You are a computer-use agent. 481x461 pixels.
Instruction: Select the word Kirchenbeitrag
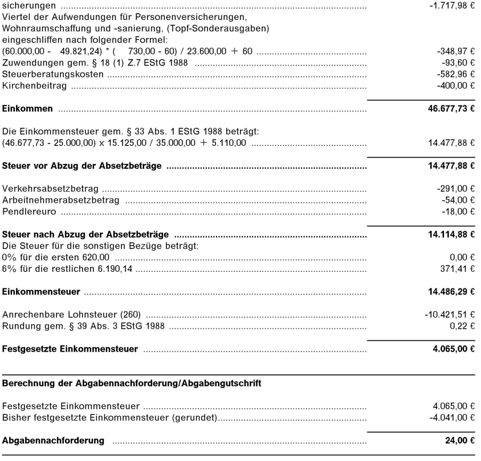(x=35, y=85)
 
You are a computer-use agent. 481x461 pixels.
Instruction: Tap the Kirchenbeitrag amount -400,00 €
(x=455, y=85)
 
